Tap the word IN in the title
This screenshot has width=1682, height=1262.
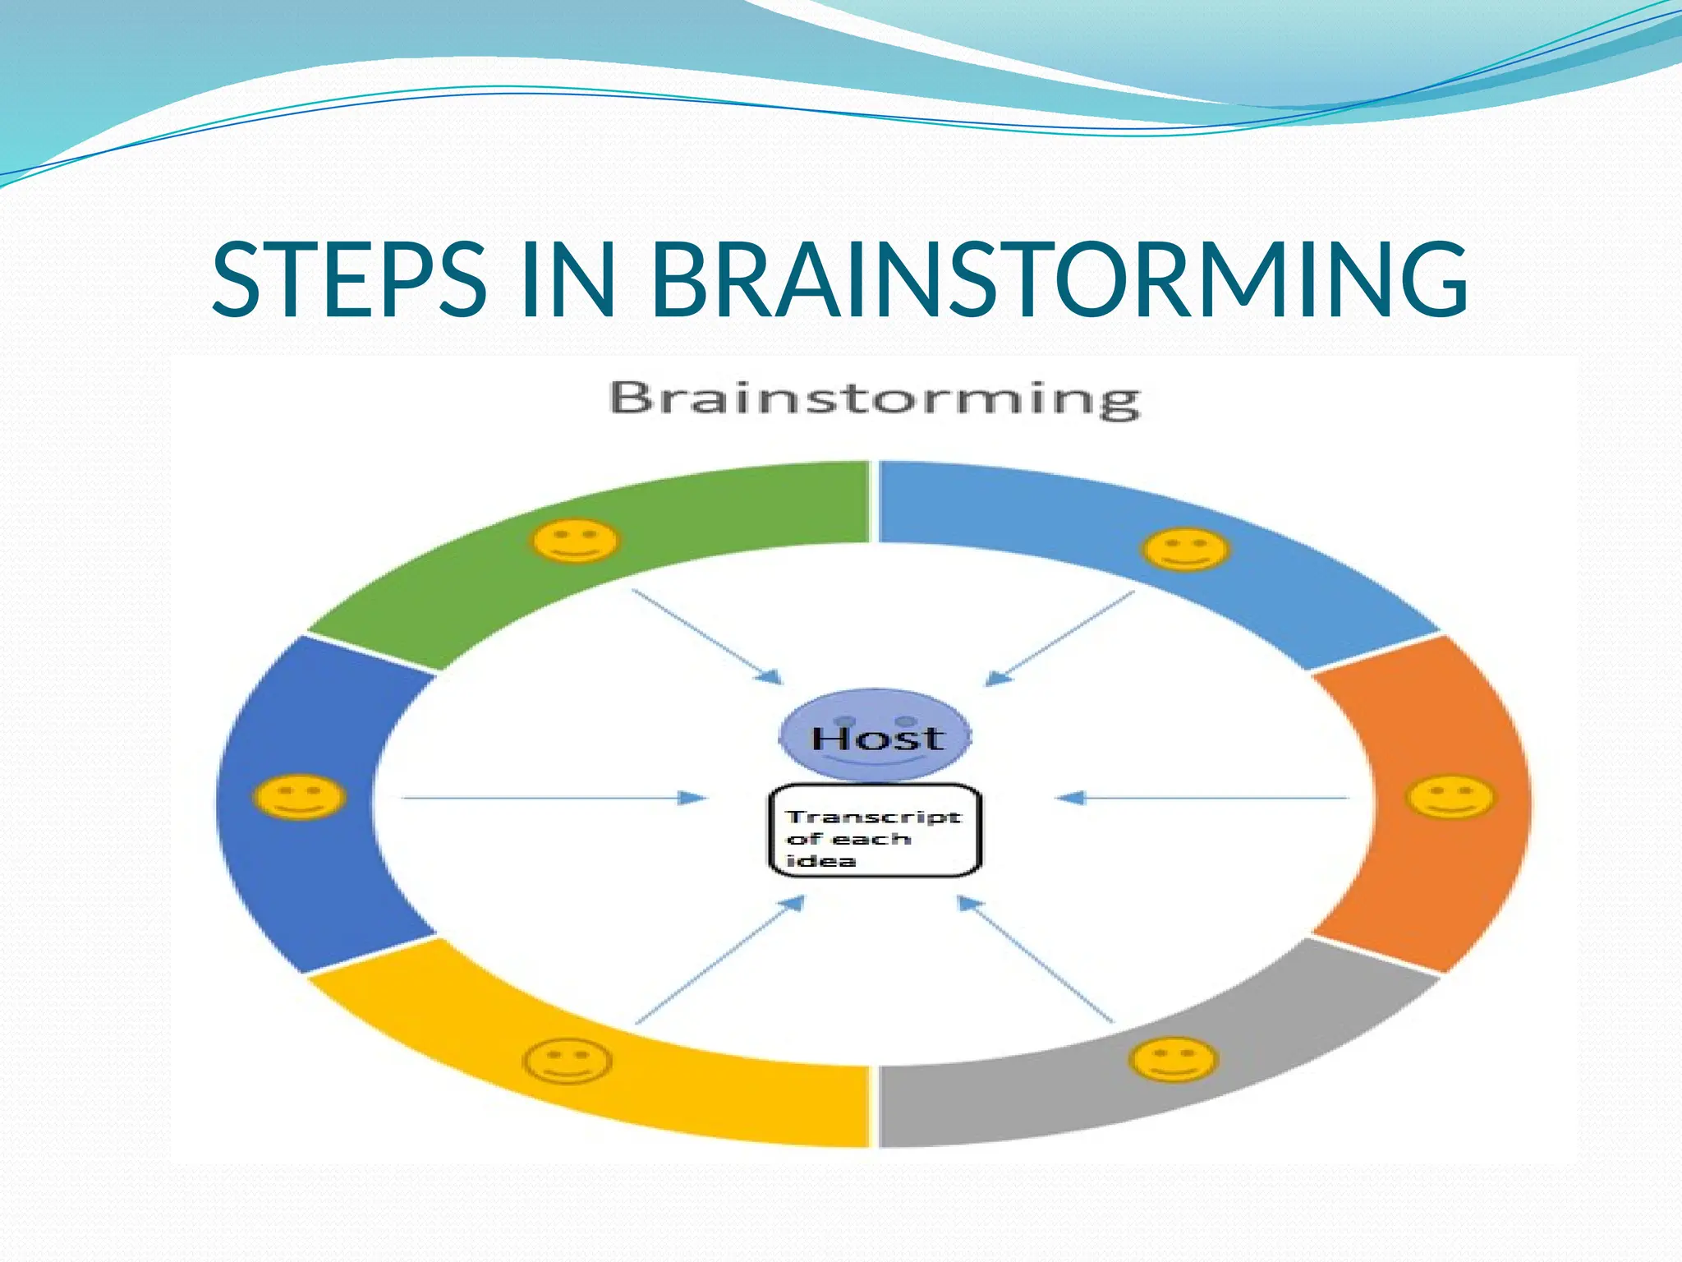pyautogui.click(x=568, y=279)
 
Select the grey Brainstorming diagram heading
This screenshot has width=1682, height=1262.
pyautogui.click(x=875, y=399)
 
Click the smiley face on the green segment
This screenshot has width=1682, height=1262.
pyautogui.click(x=575, y=541)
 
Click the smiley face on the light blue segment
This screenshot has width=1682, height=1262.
pyautogui.click(x=1185, y=550)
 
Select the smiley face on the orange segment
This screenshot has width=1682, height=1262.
pyautogui.click(x=1450, y=797)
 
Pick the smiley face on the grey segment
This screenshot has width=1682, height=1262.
pyautogui.click(x=1172, y=1060)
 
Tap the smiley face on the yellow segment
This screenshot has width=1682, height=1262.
pyautogui.click(x=568, y=1062)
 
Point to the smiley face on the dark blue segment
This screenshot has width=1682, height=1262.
pyautogui.click(x=299, y=797)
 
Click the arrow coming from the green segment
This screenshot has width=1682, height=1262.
pyautogui.click(x=706, y=637)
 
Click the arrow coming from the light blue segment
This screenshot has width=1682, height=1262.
pyautogui.click(x=1059, y=638)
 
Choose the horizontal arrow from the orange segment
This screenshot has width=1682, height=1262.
pyautogui.click(x=1202, y=797)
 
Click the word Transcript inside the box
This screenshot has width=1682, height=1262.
pyautogui.click(x=872, y=817)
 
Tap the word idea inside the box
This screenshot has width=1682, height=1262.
pyautogui.click(x=810, y=861)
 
